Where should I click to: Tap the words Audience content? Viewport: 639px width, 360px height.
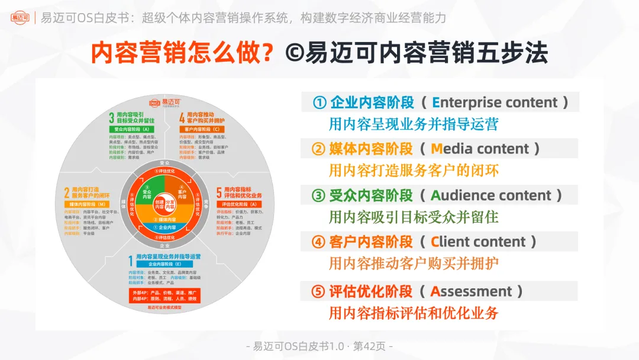(490, 195)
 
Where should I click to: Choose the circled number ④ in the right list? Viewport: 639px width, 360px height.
(319, 242)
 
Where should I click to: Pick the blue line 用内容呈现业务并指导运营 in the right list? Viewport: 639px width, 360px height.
(414, 124)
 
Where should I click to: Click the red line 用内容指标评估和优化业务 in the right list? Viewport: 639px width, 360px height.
(414, 313)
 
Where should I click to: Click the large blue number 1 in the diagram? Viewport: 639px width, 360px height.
(131, 261)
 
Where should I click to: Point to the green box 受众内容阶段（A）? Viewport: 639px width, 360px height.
(131, 128)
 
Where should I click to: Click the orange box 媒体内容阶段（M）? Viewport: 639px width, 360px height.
(82, 204)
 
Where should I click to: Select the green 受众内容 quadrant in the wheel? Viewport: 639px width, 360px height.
(146, 192)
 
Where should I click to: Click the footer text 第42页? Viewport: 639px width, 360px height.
(370, 346)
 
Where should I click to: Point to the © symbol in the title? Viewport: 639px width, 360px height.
(294, 53)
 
